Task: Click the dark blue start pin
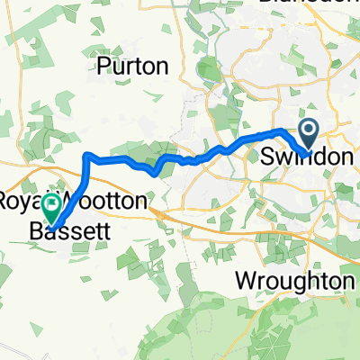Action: (309, 135)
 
